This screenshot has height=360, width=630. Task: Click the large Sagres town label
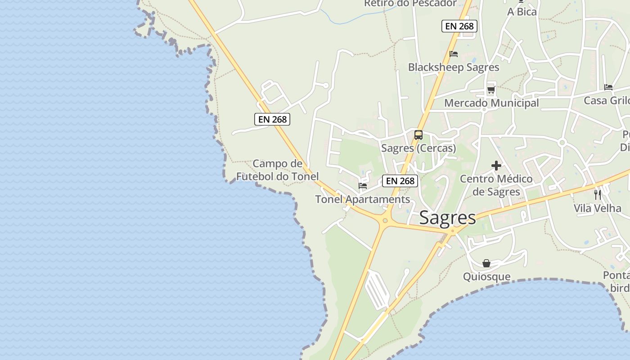tap(447, 218)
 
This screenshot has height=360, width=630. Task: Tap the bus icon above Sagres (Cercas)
tap(418, 135)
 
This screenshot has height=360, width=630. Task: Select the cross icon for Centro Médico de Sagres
tap(496, 166)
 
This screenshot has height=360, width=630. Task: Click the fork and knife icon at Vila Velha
tap(598, 194)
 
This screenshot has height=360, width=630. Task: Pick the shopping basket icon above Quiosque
tap(486, 263)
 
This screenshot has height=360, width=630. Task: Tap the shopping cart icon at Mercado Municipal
tap(491, 90)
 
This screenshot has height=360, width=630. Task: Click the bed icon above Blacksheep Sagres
tap(454, 54)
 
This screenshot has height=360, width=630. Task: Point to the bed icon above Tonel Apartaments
tap(363, 185)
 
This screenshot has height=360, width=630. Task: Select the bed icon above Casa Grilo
tap(608, 87)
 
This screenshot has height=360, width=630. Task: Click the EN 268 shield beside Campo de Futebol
tap(272, 119)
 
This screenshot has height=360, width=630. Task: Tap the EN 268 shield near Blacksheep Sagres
tap(459, 26)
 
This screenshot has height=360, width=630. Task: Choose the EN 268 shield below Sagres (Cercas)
tap(400, 181)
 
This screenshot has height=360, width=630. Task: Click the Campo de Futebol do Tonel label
tap(277, 170)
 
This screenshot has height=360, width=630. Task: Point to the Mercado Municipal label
tap(491, 103)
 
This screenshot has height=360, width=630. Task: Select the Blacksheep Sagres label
tap(454, 67)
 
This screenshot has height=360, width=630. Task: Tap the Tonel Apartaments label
tap(363, 199)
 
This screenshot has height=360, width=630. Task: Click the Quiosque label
tap(487, 276)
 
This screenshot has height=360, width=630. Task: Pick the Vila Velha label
tap(597, 208)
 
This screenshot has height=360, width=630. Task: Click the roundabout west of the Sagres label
tap(385, 220)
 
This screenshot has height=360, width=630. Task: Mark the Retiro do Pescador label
tap(410, 4)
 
